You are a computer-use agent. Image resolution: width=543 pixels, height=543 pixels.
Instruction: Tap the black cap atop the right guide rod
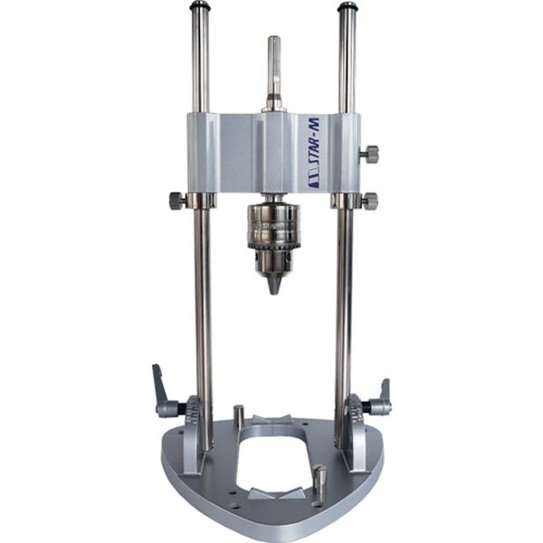[347, 6]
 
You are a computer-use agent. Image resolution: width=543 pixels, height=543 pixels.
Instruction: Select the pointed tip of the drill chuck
[273, 286]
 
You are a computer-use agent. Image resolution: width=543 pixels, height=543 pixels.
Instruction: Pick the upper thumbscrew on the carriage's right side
[369, 154]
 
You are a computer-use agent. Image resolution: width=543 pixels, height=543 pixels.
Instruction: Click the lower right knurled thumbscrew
[369, 200]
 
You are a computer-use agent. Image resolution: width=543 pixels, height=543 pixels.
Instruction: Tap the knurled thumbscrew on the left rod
[178, 201]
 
